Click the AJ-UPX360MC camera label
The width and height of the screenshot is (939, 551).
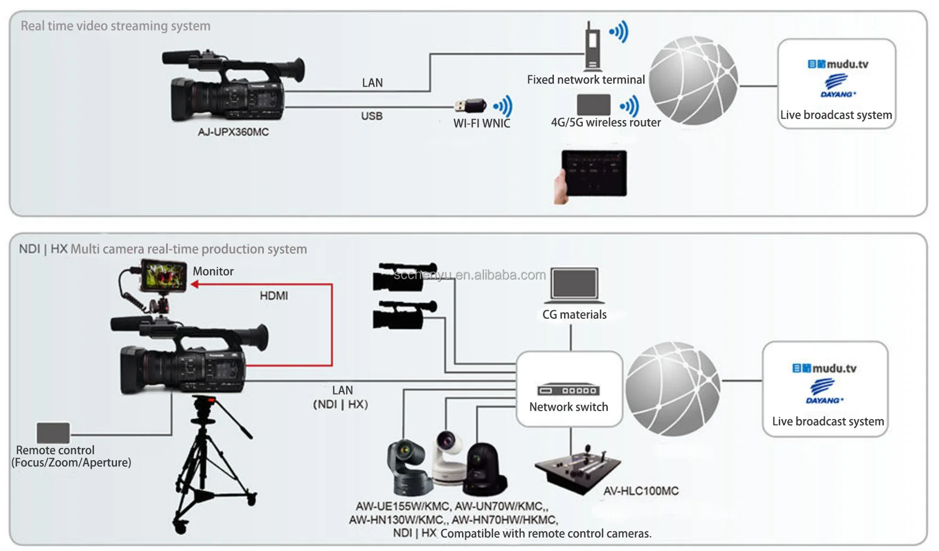233,132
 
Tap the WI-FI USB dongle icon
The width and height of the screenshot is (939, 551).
470,105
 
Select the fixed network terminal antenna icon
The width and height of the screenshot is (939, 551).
592,47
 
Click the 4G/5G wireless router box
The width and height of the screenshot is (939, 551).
593,105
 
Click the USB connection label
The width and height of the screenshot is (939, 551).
372,116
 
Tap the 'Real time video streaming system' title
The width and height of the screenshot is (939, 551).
115,26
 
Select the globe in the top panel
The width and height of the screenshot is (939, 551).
693,80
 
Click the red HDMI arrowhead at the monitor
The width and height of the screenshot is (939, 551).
195,285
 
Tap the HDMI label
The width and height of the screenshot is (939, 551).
273,296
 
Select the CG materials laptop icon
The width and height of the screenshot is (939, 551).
575,285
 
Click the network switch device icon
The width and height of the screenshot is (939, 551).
568,390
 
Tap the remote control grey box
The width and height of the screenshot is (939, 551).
53,433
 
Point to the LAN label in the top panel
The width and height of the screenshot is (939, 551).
372,83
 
